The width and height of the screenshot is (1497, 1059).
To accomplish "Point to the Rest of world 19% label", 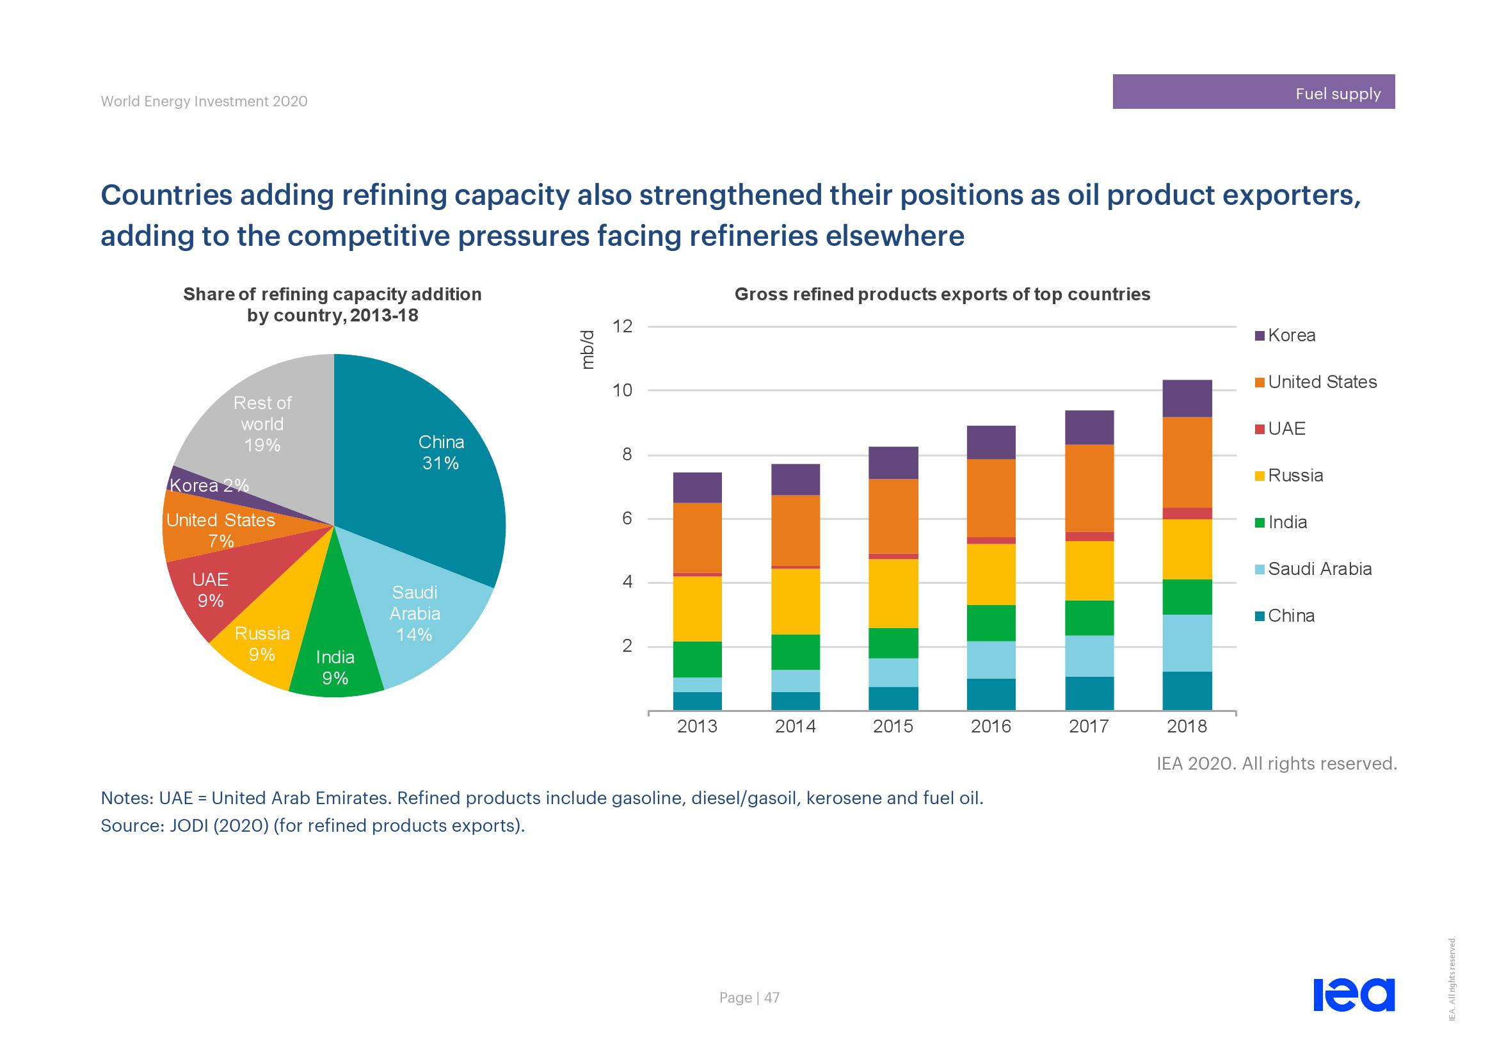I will click(x=262, y=424).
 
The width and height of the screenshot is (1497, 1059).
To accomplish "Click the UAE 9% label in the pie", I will click(x=210, y=590).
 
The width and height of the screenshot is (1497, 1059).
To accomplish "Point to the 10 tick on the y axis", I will click(x=623, y=391).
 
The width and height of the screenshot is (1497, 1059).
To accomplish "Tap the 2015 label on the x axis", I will click(x=893, y=727).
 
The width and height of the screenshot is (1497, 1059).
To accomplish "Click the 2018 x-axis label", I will click(x=1187, y=727).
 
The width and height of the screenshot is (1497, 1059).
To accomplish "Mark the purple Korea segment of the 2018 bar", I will click(x=1187, y=398).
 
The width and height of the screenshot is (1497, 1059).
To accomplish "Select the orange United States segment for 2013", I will click(x=697, y=538).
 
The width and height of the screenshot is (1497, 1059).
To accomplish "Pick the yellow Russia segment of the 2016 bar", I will click(x=991, y=574).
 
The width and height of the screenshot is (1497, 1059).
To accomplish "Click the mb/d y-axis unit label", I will click(x=588, y=350).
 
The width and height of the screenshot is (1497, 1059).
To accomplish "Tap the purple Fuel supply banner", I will click(x=1253, y=92).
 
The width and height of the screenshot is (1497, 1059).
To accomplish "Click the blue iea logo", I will click(x=1354, y=994).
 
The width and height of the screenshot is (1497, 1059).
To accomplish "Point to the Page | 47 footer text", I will click(x=749, y=998).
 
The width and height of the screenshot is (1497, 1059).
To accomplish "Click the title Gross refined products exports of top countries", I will click(x=942, y=295).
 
